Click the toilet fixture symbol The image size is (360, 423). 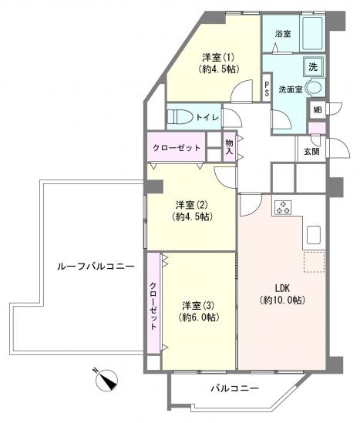[180, 116]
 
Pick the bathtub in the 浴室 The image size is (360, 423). [312, 35]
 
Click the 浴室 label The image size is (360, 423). [283, 34]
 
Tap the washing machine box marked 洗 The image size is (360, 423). [312, 67]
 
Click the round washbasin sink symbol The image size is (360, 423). [315, 89]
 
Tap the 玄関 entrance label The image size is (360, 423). [311, 151]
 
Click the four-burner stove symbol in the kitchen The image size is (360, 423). [283, 206]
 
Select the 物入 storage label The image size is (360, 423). [229, 146]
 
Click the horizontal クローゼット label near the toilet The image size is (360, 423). [177, 147]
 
